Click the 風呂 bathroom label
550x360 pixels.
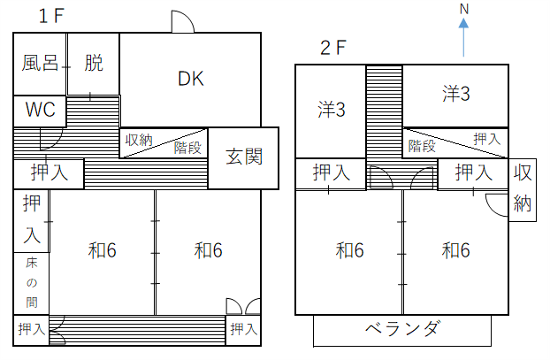(x=40, y=64)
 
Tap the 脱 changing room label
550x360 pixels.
(x=94, y=64)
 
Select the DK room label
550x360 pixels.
(x=190, y=79)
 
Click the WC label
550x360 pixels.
(x=39, y=111)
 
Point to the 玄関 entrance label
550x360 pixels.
(x=243, y=157)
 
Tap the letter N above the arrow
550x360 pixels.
(x=463, y=9)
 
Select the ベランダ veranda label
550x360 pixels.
(x=402, y=330)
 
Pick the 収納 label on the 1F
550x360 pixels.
(x=138, y=140)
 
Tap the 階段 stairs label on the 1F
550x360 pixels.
(x=187, y=148)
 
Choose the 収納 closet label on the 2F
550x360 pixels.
(x=522, y=188)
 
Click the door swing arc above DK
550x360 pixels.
(x=181, y=22)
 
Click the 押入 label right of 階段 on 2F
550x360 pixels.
(x=486, y=139)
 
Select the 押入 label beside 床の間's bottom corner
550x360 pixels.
(x=31, y=329)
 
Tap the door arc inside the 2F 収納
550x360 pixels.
(x=498, y=203)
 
